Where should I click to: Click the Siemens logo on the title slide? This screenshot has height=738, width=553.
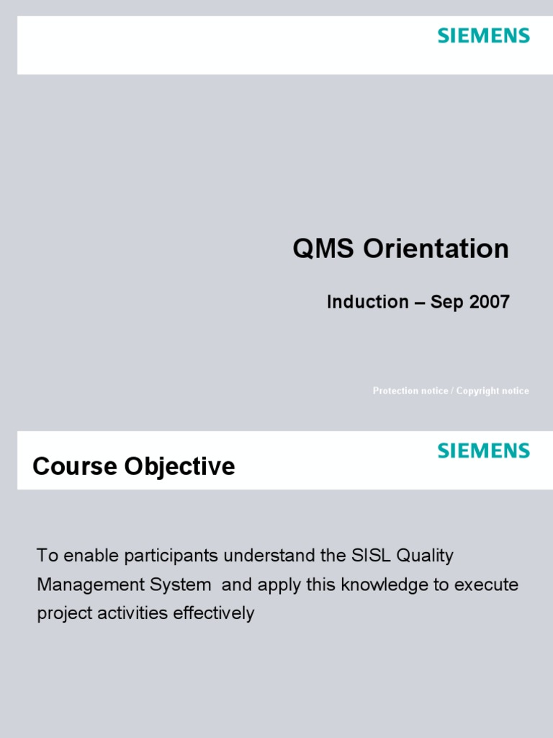tap(483, 35)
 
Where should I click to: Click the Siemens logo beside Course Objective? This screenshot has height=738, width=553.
tap(483, 450)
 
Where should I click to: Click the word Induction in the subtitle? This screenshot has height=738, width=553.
tap(367, 302)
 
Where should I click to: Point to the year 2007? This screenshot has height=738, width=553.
tap(490, 302)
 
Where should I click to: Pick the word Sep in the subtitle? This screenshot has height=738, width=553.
tap(446, 303)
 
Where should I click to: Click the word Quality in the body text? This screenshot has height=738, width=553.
tap(426, 557)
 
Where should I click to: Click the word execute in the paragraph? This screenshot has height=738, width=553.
tap(486, 584)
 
